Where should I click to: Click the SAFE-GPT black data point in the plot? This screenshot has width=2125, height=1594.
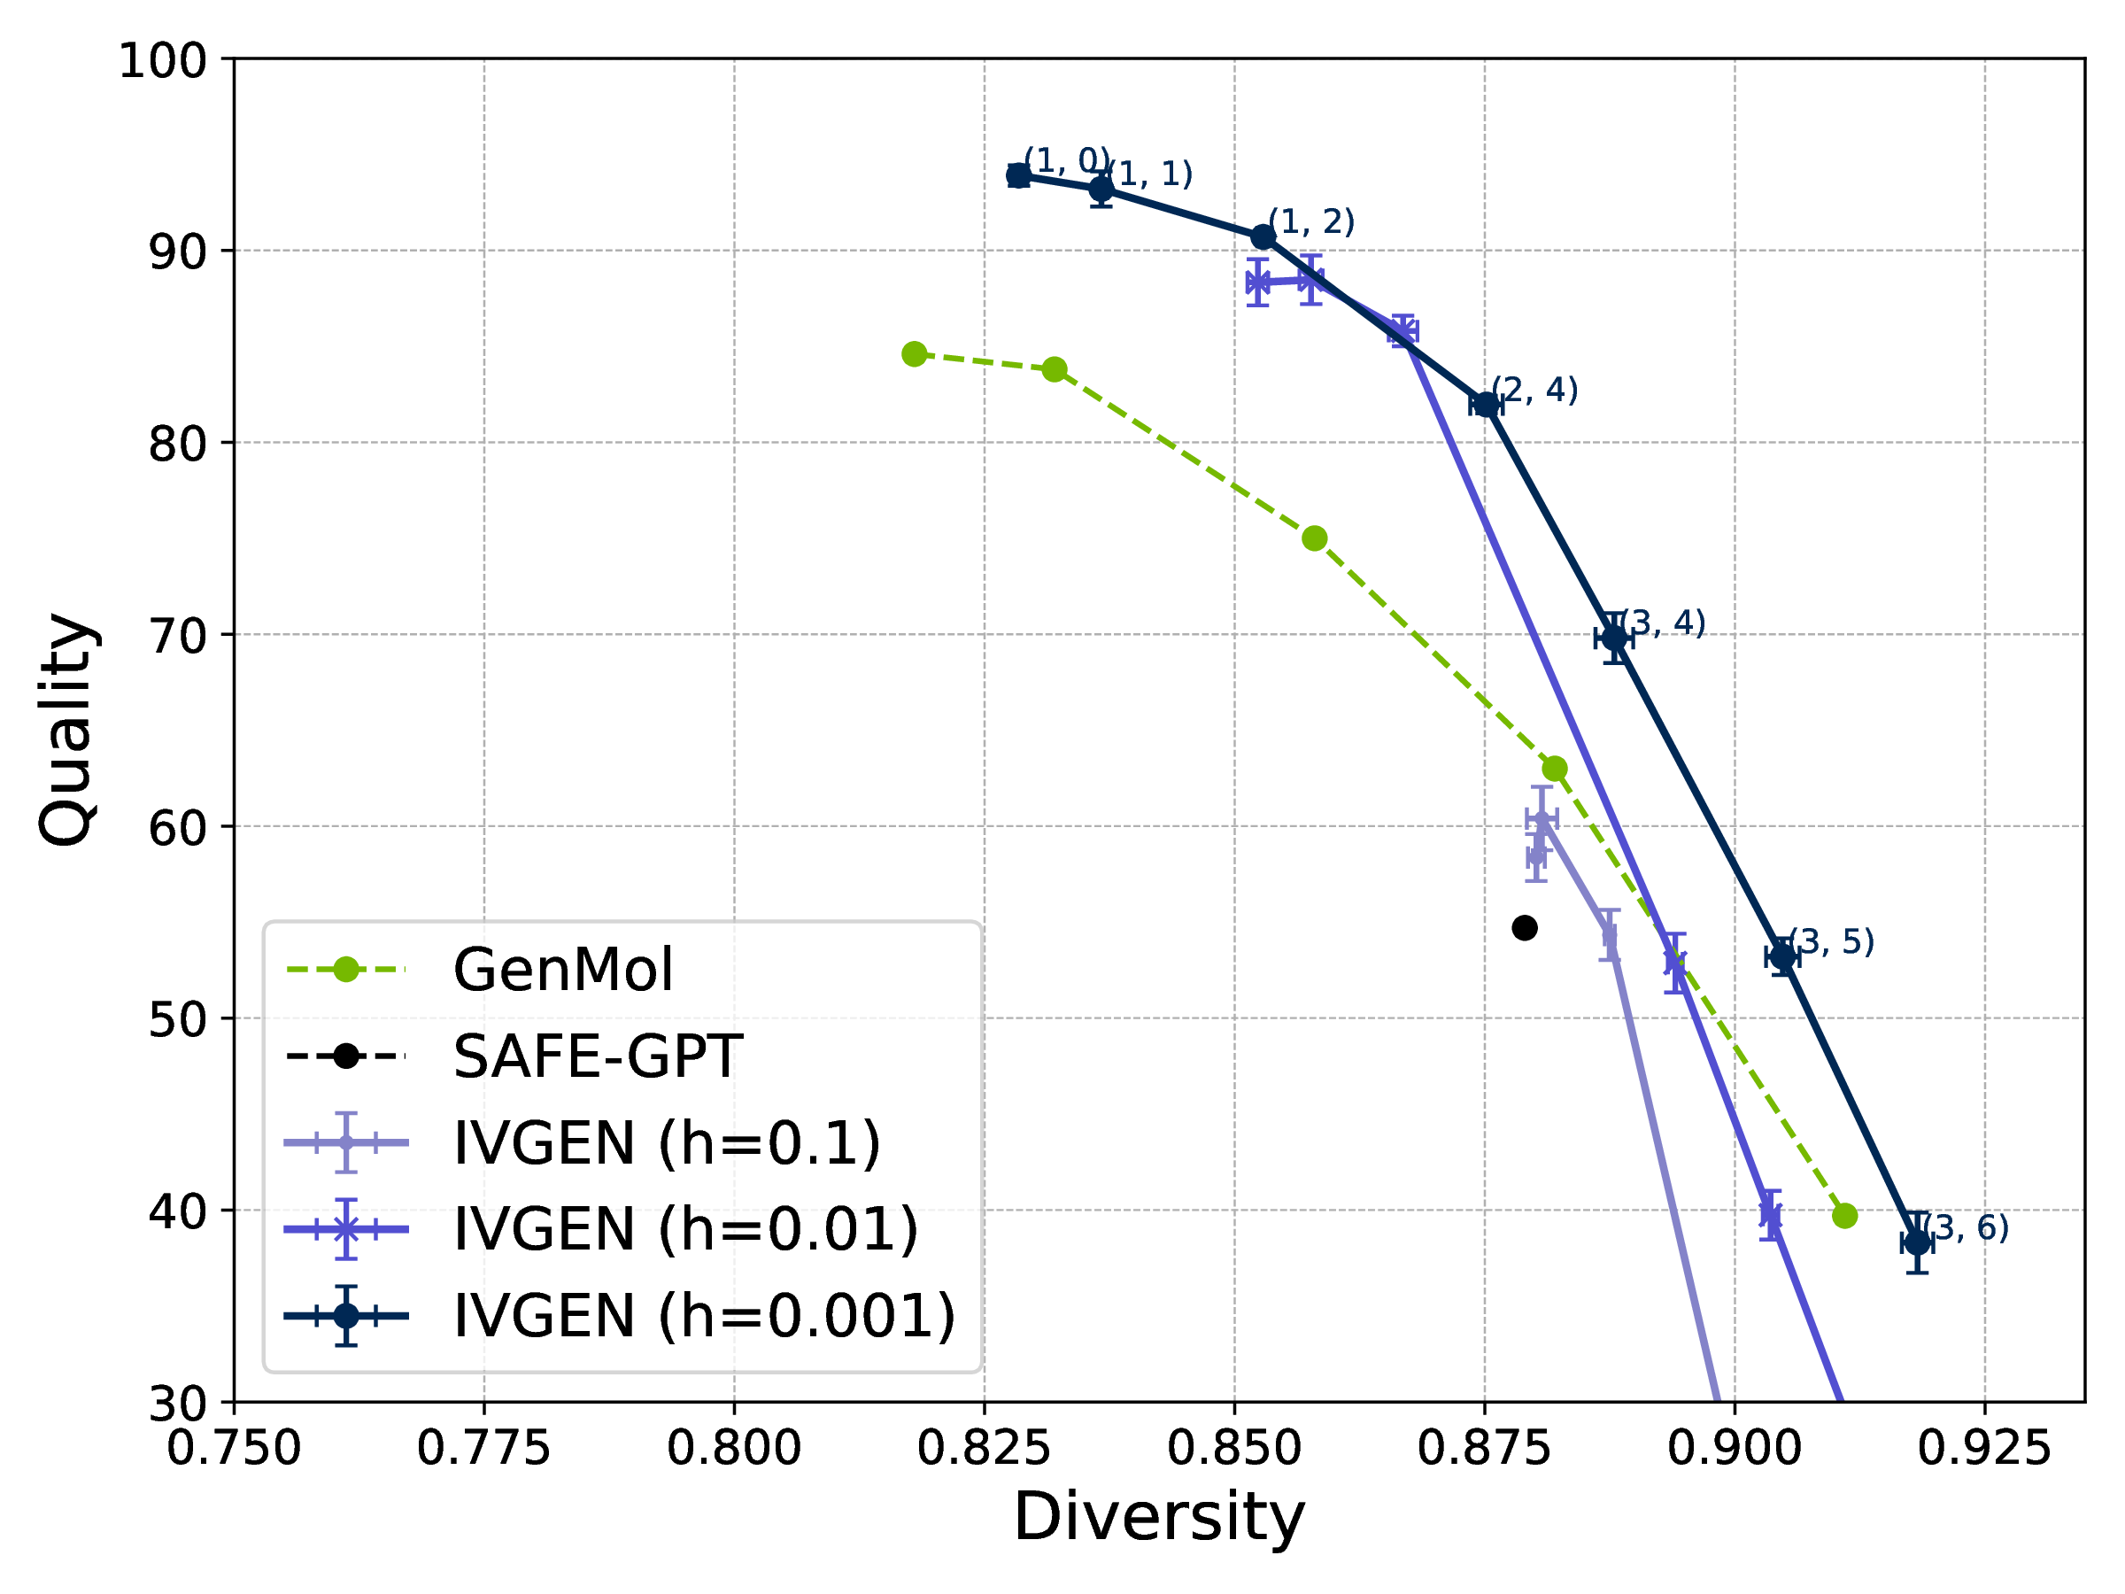point(1525,927)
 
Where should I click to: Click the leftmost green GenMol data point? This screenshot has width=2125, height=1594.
point(915,353)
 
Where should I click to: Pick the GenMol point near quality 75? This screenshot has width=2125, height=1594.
point(1314,538)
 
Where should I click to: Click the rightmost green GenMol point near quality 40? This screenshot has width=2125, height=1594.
point(1844,1216)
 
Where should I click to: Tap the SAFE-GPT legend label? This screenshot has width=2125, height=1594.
point(598,1056)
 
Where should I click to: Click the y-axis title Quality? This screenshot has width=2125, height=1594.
point(67,730)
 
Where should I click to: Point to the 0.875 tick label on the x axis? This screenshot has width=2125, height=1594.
point(1484,1448)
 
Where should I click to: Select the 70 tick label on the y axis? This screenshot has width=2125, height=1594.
point(179,635)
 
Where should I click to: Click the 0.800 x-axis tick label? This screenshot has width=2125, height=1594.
point(734,1448)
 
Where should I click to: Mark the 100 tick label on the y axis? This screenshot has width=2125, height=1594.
point(163,60)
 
